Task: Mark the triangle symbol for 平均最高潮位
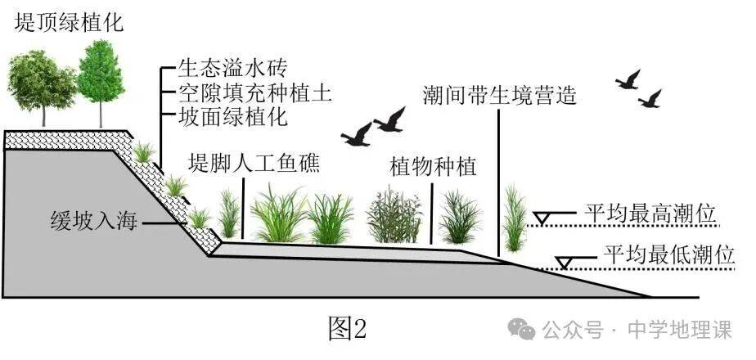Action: [x=542, y=217]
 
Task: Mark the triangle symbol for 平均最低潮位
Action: [x=563, y=262]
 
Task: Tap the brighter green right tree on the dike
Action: [x=101, y=74]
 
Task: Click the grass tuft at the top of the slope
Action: [x=144, y=151]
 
